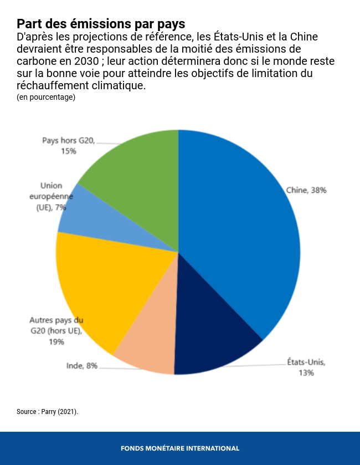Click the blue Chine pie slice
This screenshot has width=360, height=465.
(x=244, y=233)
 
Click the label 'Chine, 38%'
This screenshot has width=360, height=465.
(x=306, y=190)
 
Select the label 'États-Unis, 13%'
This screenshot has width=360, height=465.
(x=306, y=367)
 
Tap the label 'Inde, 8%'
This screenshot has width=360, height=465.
(x=82, y=366)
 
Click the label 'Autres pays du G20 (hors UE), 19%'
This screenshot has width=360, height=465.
(x=56, y=331)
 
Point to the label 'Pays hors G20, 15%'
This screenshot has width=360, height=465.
(x=69, y=145)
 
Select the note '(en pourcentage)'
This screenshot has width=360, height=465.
(x=46, y=97)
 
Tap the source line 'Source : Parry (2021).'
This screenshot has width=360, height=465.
(x=48, y=412)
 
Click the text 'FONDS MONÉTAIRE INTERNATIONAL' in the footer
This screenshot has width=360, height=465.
(x=180, y=448)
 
